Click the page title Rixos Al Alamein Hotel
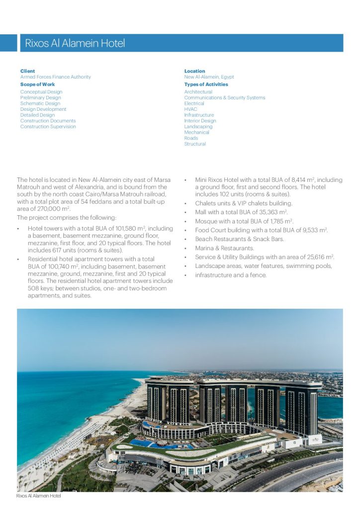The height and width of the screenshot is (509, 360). pyautogui.click(x=75, y=43)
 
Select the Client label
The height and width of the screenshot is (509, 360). pyautogui.click(x=27, y=71)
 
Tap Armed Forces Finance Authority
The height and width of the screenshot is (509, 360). pyautogui.click(x=56, y=77)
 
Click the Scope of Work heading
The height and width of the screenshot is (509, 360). pyautogui.click(x=37, y=85)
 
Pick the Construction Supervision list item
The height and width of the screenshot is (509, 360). pyautogui.click(x=48, y=127)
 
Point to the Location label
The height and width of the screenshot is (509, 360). pyautogui.click(x=194, y=71)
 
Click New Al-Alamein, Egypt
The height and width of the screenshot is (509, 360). pyautogui.click(x=209, y=77)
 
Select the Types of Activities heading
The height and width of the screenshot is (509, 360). pyautogui.click(x=206, y=85)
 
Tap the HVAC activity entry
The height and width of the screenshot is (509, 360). pyautogui.click(x=190, y=109)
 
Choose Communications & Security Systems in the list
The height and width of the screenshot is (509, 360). pyautogui.click(x=225, y=98)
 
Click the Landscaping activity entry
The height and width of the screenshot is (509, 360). pyautogui.click(x=198, y=127)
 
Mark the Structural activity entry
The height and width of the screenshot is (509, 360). pyautogui.click(x=195, y=144)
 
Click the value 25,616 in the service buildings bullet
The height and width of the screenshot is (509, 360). pyautogui.click(x=318, y=257)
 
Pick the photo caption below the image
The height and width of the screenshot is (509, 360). pyautogui.click(x=38, y=496)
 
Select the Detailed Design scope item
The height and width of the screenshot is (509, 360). pyautogui.click(x=37, y=115)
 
